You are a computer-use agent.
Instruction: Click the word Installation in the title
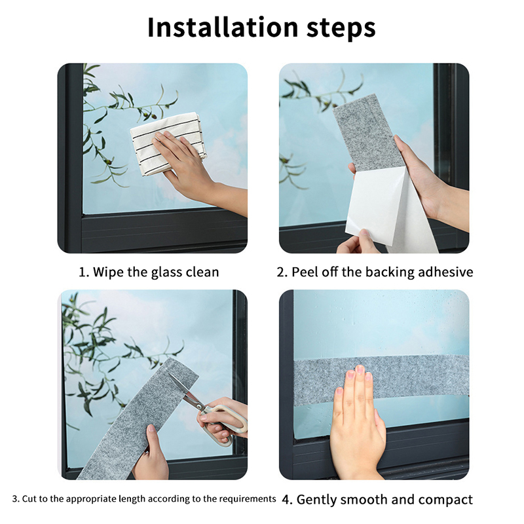(x=223, y=28)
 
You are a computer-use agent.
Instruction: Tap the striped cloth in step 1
(x=167, y=143)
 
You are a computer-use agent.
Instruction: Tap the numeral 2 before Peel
(x=281, y=272)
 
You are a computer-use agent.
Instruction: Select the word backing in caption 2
(x=390, y=272)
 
